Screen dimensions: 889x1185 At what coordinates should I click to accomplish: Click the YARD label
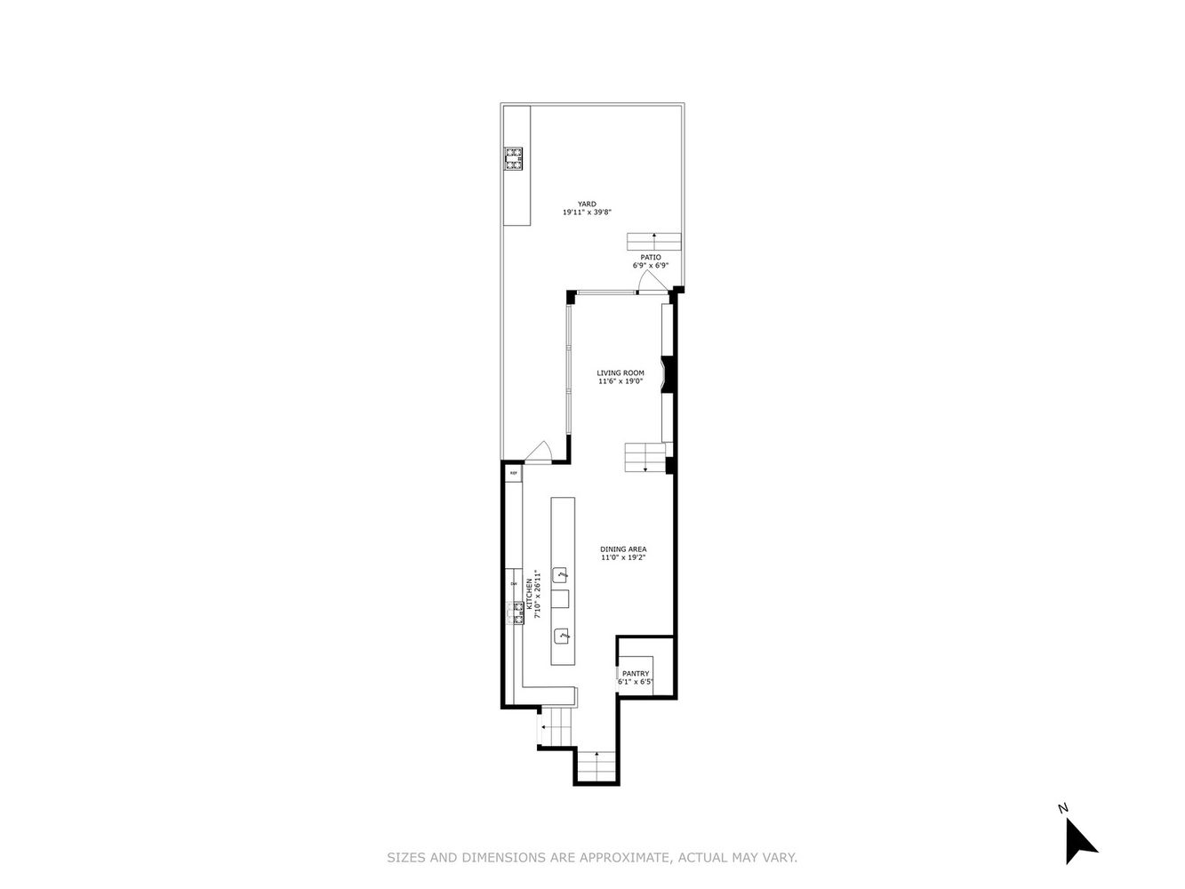pyautogui.click(x=586, y=204)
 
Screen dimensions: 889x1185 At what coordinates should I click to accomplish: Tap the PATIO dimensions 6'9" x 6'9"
pyautogui.click(x=650, y=266)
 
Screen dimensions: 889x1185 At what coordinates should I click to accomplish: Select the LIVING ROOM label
pyautogui.click(x=620, y=372)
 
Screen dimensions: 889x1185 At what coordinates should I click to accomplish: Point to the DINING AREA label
pyautogui.click(x=622, y=549)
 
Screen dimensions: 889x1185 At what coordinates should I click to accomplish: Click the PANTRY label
pyautogui.click(x=636, y=674)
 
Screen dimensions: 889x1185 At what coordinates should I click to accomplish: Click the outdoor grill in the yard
pyautogui.click(x=515, y=158)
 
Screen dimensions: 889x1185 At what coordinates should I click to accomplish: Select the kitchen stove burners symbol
pyautogui.click(x=515, y=613)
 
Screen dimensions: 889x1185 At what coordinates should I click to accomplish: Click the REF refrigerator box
pyautogui.click(x=513, y=474)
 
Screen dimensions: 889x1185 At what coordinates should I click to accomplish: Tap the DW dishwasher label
pyautogui.click(x=513, y=584)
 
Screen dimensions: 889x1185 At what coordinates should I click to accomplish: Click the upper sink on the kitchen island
pyautogui.click(x=561, y=573)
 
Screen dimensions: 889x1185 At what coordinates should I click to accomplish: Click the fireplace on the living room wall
pyautogui.click(x=669, y=373)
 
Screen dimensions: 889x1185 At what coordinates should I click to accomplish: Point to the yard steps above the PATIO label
pyautogui.click(x=653, y=241)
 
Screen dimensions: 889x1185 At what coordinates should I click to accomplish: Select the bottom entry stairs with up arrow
pyautogui.click(x=596, y=765)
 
